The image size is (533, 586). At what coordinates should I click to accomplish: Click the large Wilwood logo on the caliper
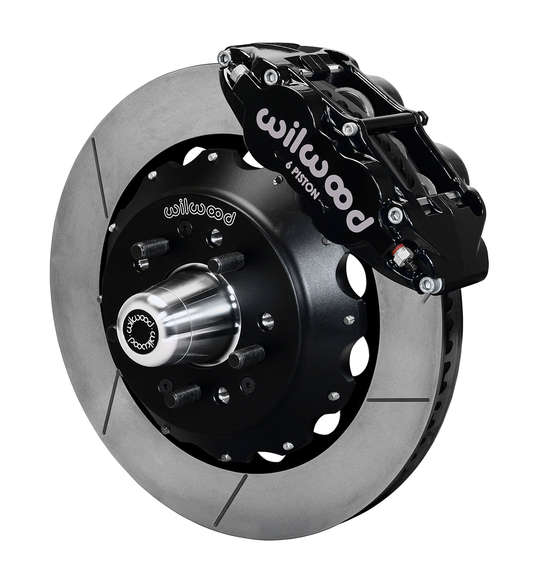point(316,169)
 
